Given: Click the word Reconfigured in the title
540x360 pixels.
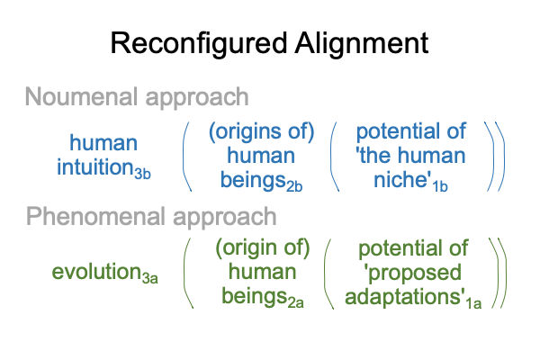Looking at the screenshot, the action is click(199, 44).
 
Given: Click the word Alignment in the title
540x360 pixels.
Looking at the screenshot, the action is click(362, 43).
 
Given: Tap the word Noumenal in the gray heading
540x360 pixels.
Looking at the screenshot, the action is click(82, 96).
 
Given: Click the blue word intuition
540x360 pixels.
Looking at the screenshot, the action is click(95, 166).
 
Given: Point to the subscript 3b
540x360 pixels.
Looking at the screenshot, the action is click(142, 174).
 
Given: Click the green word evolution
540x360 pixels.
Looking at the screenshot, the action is click(96, 272).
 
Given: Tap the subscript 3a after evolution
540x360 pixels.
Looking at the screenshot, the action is click(149, 278).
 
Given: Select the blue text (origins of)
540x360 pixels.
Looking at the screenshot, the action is click(261, 131).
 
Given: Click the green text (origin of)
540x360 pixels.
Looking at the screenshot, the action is click(263, 248).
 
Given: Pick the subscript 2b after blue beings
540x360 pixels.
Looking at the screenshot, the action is click(294, 186).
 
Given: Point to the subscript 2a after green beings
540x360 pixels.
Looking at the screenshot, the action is click(295, 302).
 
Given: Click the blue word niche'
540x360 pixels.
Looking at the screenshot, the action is click(402, 179).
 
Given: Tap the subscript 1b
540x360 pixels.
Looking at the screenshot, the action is click(440, 186).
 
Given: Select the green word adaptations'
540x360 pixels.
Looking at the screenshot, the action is click(405, 296).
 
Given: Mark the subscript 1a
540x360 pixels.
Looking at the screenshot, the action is click(473, 303).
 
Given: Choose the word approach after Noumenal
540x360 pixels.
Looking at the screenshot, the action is click(197, 98).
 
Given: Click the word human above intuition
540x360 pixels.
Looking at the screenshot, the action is click(103, 142).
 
